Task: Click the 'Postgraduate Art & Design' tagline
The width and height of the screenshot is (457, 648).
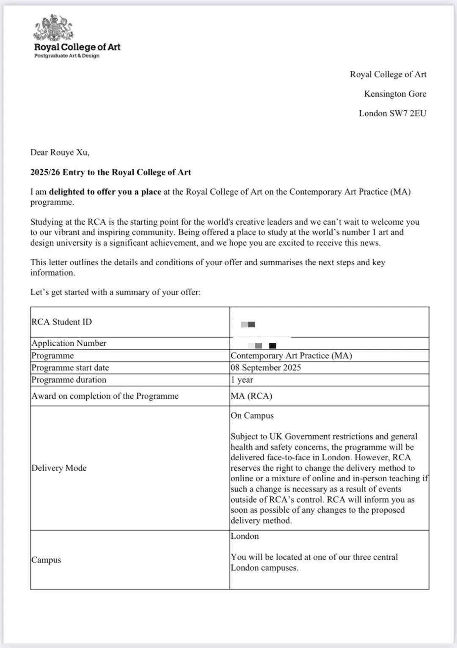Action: [67, 56]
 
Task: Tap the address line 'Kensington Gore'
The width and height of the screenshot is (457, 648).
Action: [395, 94]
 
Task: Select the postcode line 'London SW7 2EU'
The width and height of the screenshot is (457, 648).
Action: [392, 113]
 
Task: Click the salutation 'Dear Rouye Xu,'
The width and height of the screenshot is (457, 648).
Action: [60, 153]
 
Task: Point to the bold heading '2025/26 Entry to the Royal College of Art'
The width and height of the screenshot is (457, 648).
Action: [110, 172]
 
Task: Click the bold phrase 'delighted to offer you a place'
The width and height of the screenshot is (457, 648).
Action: [105, 192]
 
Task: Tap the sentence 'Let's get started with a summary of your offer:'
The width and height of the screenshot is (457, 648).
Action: [115, 292]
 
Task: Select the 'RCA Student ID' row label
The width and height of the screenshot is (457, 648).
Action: [61, 322]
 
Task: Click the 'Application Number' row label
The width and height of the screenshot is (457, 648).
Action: [69, 343]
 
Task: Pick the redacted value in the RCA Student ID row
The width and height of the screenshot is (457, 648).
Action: [248, 325]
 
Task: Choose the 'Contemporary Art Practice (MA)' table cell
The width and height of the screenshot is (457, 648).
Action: [291, 356]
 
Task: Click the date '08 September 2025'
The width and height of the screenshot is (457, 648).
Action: [266, 367]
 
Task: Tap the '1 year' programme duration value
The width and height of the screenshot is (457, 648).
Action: [242, 380]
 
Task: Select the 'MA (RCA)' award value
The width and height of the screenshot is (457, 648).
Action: [251, 396]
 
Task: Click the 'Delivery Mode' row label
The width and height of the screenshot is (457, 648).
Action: [59, 468]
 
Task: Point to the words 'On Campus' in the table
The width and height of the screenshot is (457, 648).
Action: [252, 415]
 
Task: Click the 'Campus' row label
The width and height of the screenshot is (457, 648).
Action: [46, 560]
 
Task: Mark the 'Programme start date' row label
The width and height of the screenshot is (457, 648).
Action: [70, 367]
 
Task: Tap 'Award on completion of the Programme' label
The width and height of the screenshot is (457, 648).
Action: [105, 396]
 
